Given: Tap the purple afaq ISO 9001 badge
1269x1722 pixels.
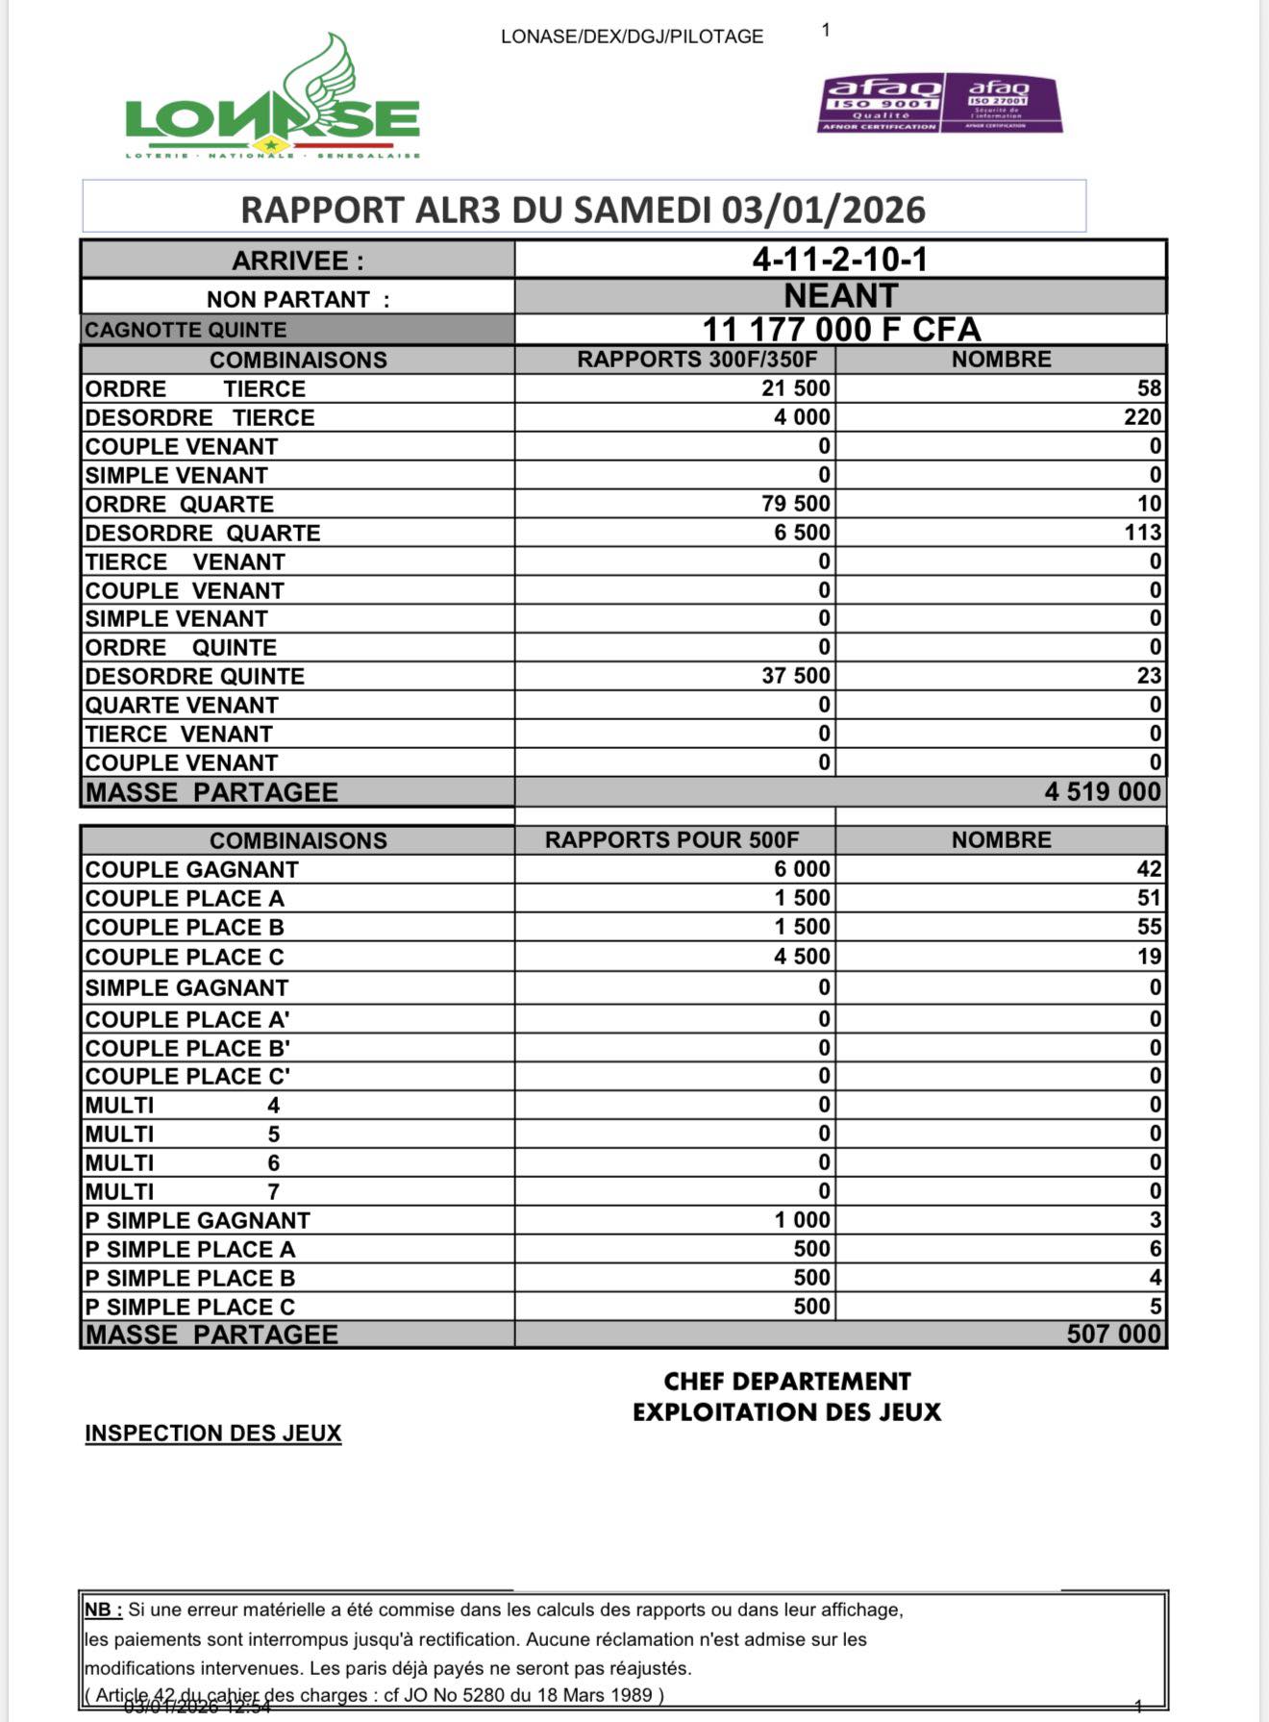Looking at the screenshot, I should click(x=881, y=103).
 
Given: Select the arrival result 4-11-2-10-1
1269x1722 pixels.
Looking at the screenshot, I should click(x=840, y=260).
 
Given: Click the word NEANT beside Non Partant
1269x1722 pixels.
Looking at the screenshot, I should click(x=841, y=295).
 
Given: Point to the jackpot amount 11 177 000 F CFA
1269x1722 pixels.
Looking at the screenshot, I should click(x=841, y=330).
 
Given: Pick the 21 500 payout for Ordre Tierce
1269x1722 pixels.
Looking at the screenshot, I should click(x=796, y=388).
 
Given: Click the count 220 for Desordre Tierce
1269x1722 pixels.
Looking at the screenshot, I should click(x=1143, y=417).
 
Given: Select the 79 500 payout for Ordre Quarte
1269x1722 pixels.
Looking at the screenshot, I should click(x=796, y=504).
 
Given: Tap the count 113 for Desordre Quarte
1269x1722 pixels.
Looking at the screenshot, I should click(x=1143, y=533).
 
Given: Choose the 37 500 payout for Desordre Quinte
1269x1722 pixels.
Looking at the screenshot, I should click(x=796, y=676).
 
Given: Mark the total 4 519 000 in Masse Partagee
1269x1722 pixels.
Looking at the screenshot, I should click(x=1103, y=792).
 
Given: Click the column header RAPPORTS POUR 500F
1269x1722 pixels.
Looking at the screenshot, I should click(x=672, y=840).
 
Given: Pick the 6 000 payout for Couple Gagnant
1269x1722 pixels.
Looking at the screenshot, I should click(x=802, y=869).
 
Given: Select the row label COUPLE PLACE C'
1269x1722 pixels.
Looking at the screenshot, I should click(x=187, y=1077).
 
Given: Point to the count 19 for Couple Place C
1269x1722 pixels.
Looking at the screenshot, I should click(x=1150, y=957).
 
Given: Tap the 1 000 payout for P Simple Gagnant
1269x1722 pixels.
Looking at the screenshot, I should click(x=802, y=1220).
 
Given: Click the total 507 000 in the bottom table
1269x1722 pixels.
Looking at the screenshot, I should click(x=1114, y=1335).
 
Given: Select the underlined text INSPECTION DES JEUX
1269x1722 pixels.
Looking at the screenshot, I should click(x=213, y=1434).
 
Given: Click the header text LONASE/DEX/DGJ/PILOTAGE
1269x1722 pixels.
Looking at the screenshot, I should click(x=632, y=37).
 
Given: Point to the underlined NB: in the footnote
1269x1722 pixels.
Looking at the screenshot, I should click(x=103, y=1610).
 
